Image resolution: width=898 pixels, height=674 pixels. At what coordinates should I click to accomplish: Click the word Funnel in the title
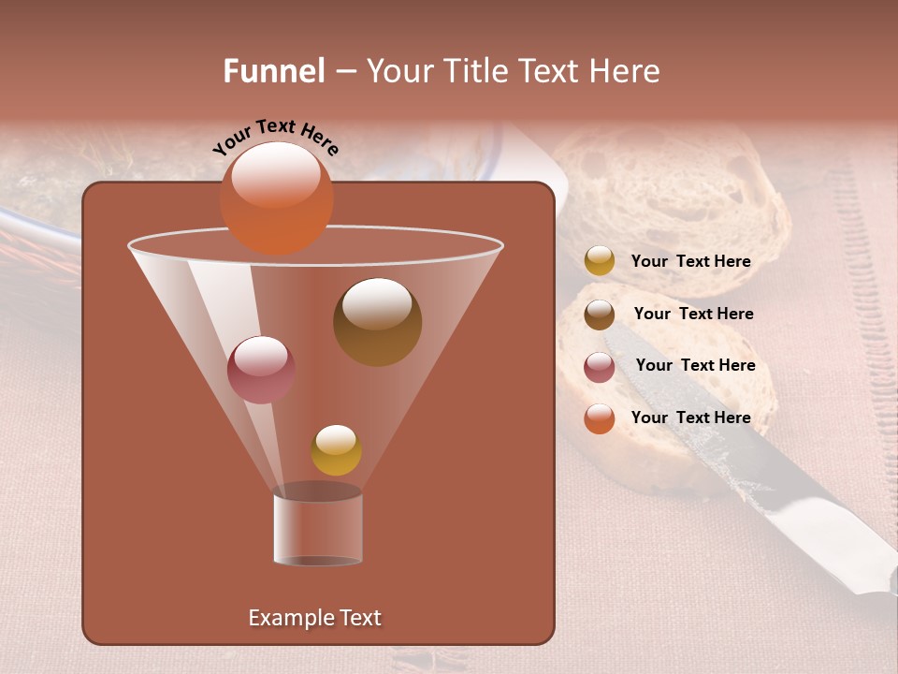click(x=274, y=71)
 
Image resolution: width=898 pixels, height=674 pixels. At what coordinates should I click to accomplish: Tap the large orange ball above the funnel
click(x=276, y=198)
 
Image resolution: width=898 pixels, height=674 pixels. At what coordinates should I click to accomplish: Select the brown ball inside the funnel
click(x=377, y=322)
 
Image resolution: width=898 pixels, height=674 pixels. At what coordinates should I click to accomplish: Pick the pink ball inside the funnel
click(x=261, y=370)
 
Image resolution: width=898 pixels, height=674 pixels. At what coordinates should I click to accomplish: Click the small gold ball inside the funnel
click(x=336, y=450)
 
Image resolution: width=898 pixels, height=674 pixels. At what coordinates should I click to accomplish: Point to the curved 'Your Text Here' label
click(x=275, y=137)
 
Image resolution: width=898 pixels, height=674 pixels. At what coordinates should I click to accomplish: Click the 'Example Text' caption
click(x=314, y=618)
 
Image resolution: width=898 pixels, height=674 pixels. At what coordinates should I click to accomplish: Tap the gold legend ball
click(x=600, y=261)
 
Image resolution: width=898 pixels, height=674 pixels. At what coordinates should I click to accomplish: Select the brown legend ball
click(x=600, y=315)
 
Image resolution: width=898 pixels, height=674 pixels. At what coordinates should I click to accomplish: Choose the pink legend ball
click(x=600, y=366)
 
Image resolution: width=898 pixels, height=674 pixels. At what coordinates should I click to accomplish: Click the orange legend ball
click(x=600, y=418)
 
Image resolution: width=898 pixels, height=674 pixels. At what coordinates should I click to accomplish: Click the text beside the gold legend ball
click(x=690, y=261)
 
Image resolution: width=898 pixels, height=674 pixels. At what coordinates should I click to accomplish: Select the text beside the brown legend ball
click(x=693, y=314)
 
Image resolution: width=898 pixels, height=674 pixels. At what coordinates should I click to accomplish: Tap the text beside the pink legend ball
click(x=695, y=365)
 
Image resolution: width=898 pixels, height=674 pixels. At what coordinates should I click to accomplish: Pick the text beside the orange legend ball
click(x=690, y=418)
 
